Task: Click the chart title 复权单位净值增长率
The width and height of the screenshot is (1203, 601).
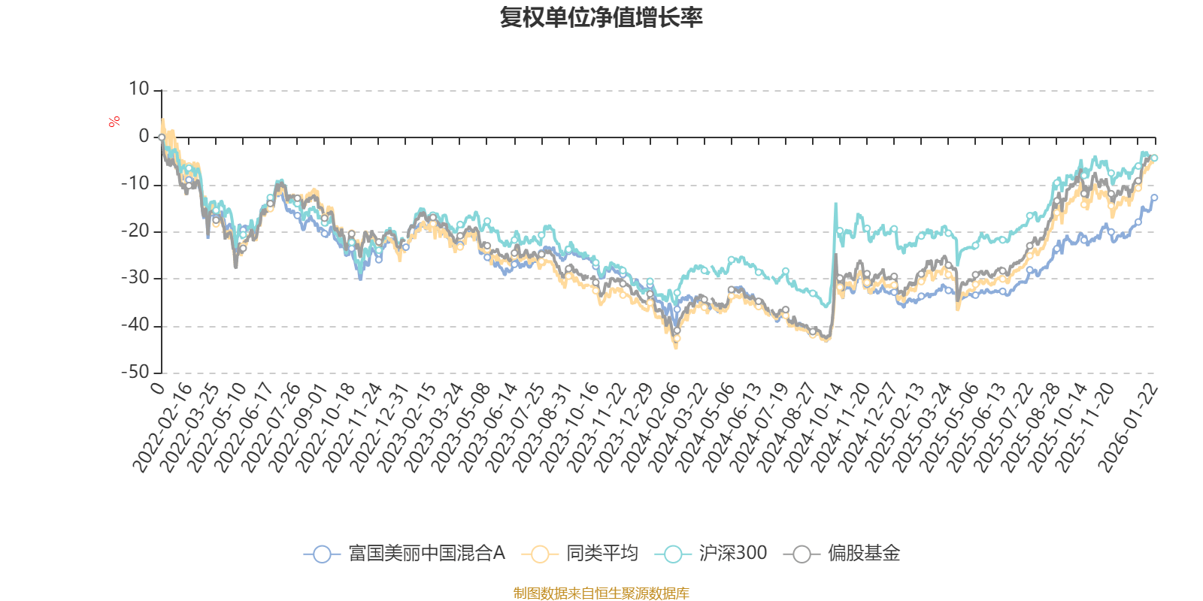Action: [601, 17]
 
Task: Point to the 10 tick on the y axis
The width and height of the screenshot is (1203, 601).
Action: [139, 89]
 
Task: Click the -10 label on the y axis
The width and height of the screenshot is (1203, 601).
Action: [135, 184]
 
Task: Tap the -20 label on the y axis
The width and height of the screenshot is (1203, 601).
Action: [135, 231]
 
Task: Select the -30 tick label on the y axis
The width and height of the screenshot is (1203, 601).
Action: [135, 278]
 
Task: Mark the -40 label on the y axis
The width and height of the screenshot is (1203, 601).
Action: [135, 325]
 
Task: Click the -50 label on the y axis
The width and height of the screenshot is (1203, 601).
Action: [135, 372]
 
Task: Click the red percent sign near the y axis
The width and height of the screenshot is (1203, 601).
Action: [114, 122]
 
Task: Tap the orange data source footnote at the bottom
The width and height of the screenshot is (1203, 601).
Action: [601, 593]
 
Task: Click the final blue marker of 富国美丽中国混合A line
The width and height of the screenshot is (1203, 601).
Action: [1154, 198]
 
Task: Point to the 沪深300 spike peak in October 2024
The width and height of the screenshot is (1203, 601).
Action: [835, 204]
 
